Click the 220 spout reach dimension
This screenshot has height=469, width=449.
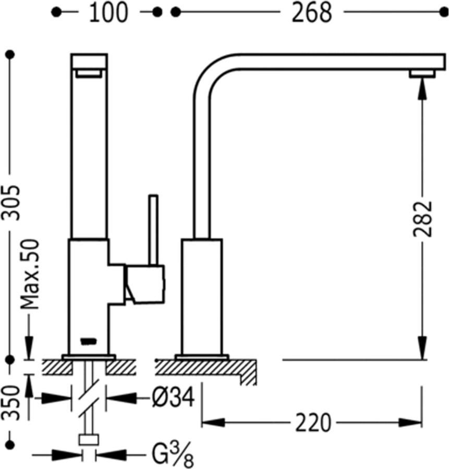click(313, 423)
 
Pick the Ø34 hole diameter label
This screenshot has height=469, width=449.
click(174, 399)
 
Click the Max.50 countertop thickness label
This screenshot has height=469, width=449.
click(31, 274)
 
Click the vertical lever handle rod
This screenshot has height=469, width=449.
click(153, 229)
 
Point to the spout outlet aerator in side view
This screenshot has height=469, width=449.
click(422, 73)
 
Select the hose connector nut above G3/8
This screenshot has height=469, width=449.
click(89, 439)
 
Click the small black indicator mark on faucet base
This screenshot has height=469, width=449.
click(88, 342)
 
